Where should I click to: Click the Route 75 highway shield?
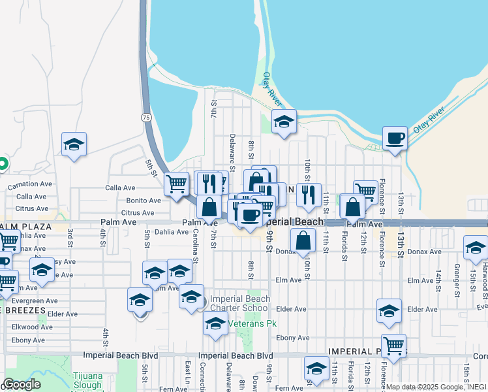(x=145, y=117)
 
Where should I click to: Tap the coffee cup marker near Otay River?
(x=395, y=139)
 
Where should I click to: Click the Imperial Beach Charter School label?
(x=239, y=304)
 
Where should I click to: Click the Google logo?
(x=22, y=384)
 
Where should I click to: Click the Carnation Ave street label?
(x=30, y=185)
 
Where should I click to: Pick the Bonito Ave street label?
(x=143, y=201)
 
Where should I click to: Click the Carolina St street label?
(x=195, y=246)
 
